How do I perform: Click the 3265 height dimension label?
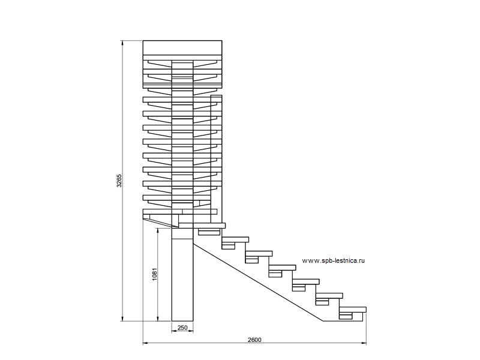click(x=119, y=181)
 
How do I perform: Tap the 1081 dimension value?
click(x=155, y=274)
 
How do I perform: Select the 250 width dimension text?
click(x=182, y=328)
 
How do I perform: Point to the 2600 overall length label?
click(x=254, y=340)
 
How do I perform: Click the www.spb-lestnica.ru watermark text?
click(x=334, y=260)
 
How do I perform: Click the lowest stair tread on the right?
click(x=353, y=310)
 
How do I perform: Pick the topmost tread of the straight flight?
click(x=202, y=226)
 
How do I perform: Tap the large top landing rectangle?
click(x=182, y=48)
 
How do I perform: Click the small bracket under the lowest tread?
click(x=346, y=316)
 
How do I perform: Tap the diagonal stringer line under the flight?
click(x=259, y=282)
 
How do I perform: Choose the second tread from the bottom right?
click(x=329, y=295)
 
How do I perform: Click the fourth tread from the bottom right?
click(x=282, y=267)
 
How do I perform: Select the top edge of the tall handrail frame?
click(x=217, y=95)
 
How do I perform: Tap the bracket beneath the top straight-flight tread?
click(x=209, y=232)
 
